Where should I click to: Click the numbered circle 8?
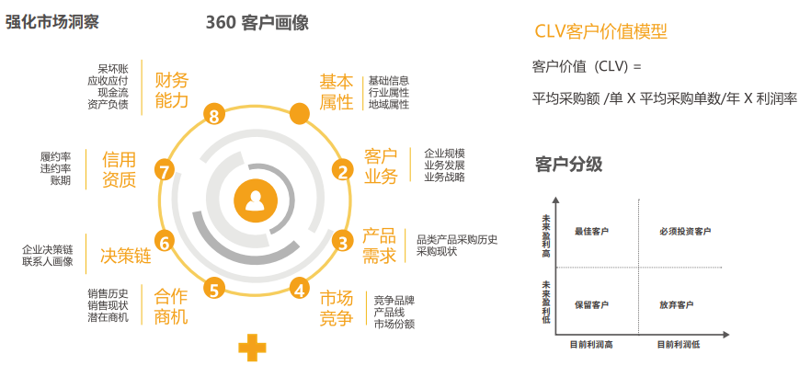(214, 115)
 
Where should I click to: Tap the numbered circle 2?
(343, 170)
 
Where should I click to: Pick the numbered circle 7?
(165, 171)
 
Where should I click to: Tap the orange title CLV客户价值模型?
(601, 31)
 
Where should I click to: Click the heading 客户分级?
(568, 165)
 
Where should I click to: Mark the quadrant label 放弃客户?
(677, 304)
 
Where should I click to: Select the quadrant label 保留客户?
(591, 304)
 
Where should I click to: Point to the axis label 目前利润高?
(591, 344)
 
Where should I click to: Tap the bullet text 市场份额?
(394, 324)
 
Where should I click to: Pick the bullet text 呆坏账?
(113, 68)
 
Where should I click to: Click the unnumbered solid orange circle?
(299, 114)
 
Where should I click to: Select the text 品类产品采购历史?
(457, 239)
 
